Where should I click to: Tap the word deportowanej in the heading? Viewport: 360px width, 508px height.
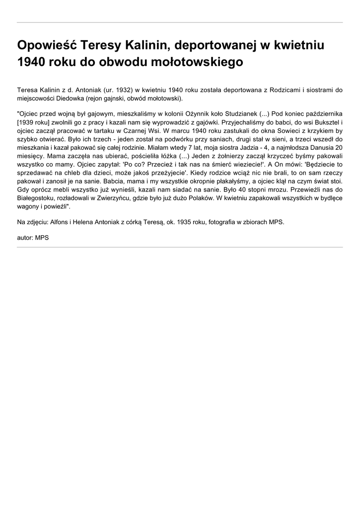212,46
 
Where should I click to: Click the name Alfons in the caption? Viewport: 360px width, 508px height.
61,222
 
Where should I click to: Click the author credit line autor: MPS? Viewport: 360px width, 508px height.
33,238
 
